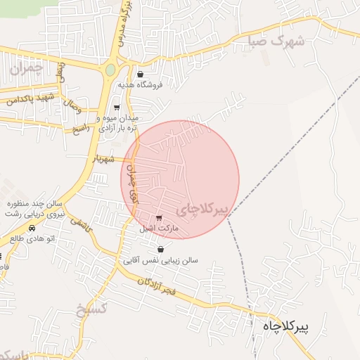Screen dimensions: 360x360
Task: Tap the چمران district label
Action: click(27, 68)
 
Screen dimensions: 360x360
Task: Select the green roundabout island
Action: click(110, 70)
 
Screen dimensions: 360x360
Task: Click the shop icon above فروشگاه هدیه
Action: click(141, 74)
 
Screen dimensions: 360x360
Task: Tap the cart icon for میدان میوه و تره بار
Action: click(117, 108)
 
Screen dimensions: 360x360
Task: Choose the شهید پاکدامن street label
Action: click(30, 99)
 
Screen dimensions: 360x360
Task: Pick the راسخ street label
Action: click(82, 129)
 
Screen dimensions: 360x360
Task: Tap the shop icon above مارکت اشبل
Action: click(159, 218)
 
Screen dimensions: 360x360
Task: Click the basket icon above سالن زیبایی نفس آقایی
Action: click(161, 249)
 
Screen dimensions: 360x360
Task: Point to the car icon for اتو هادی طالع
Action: click(31, 228)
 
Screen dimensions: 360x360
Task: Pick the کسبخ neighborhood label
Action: click(92, 309)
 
